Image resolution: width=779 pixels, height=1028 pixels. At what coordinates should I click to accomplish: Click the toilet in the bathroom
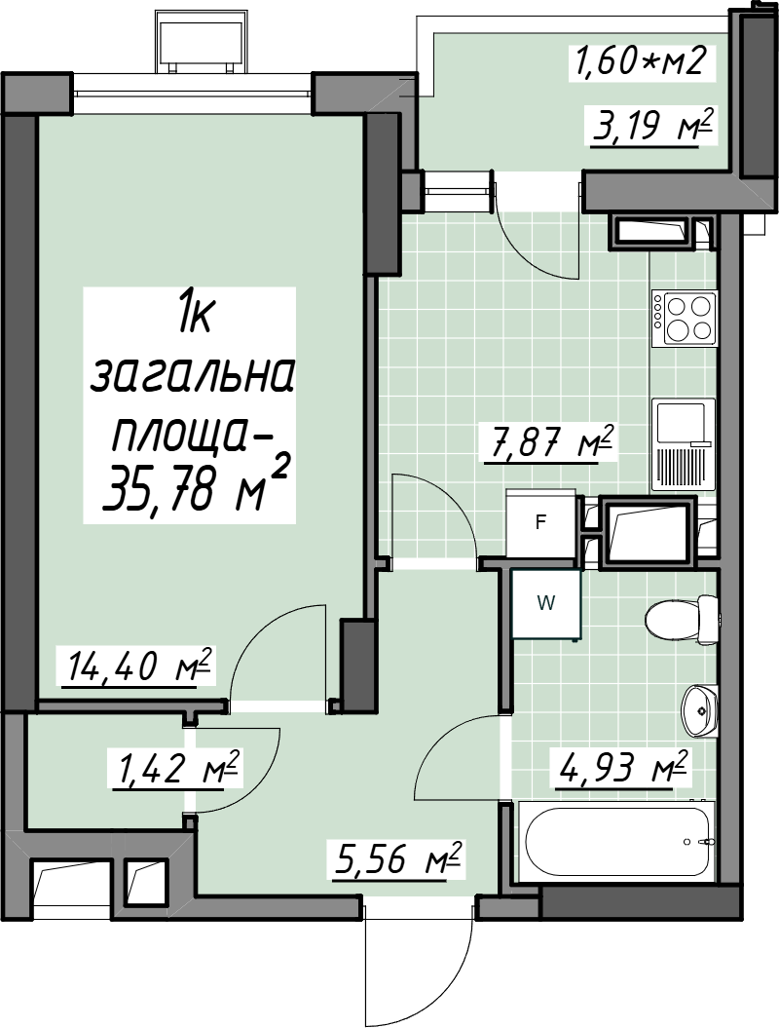[x=682, y=620]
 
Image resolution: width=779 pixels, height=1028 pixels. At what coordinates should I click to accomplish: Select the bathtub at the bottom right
[x=619, y=842]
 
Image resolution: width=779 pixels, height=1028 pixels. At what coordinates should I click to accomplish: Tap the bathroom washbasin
[x=700, y=711]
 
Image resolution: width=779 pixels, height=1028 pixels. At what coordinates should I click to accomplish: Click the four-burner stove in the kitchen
[x=685, y=318]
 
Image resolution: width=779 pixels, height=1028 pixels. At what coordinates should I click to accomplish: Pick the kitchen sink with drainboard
[x=684, y=445]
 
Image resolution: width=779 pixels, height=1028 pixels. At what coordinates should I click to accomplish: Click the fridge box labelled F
[x=541, y=523]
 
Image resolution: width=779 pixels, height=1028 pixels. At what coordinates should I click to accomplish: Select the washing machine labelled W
[x=545, y=603]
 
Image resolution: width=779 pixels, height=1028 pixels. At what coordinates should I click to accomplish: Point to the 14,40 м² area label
[x=139, y=666]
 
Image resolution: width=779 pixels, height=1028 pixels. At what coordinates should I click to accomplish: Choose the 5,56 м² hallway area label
[x=397, y=860]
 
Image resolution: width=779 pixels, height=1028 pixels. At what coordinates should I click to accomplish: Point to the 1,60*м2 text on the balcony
[x=640, y=62]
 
